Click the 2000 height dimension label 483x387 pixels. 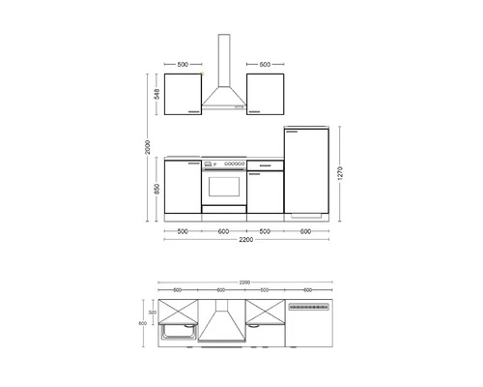pyautogui.click(x=146, y=145)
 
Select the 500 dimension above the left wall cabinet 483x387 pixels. pyautogui.click(x=183, y=64)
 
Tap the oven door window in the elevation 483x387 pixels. pyautogui.click(x=223, y=184)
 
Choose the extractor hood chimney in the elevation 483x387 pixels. pyautogui.click(x=224, y=63)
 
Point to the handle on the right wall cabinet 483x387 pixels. pyautogui.click(x=256, y=111)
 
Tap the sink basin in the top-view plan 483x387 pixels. pyautogui.click(x=181, y=334)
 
